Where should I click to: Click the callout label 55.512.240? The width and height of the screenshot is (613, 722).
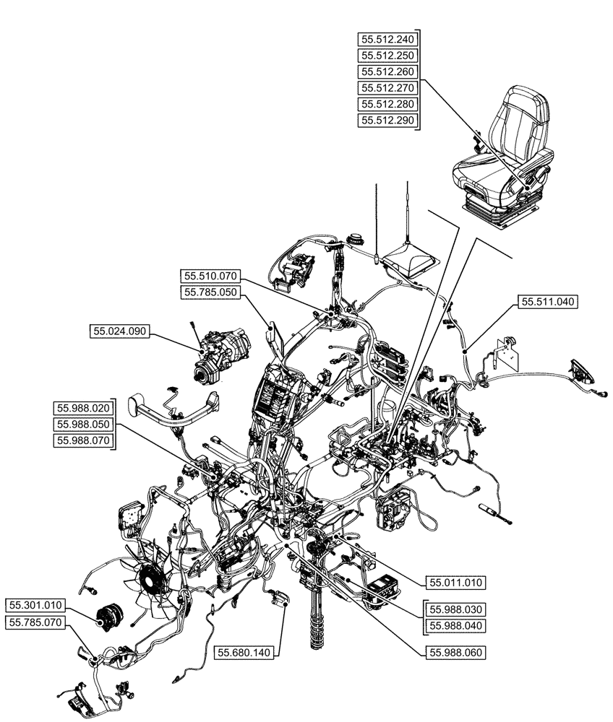click(387, 38)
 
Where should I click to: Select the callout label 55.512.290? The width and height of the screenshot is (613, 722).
click(387, 121)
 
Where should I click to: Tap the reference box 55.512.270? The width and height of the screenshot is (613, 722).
click(387, 88)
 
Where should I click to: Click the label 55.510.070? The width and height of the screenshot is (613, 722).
click(210, 275)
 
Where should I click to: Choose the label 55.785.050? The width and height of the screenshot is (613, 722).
click(210, 292)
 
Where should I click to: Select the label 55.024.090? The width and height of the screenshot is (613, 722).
click(119, 331)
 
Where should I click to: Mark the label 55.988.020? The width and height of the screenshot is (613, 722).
click(82, 408)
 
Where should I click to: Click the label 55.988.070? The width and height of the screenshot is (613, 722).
click(82, 441)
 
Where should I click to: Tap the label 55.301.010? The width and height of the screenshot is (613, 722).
click(37, 605)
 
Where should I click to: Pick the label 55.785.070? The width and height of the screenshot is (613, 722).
click(37, 622)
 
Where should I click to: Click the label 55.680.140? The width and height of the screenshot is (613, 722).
click(243, 653)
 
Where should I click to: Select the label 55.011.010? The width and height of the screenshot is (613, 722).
click(456, 582)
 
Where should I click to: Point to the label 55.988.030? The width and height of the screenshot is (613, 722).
click(456, 609)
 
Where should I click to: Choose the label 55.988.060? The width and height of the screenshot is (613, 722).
click(456, 652)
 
